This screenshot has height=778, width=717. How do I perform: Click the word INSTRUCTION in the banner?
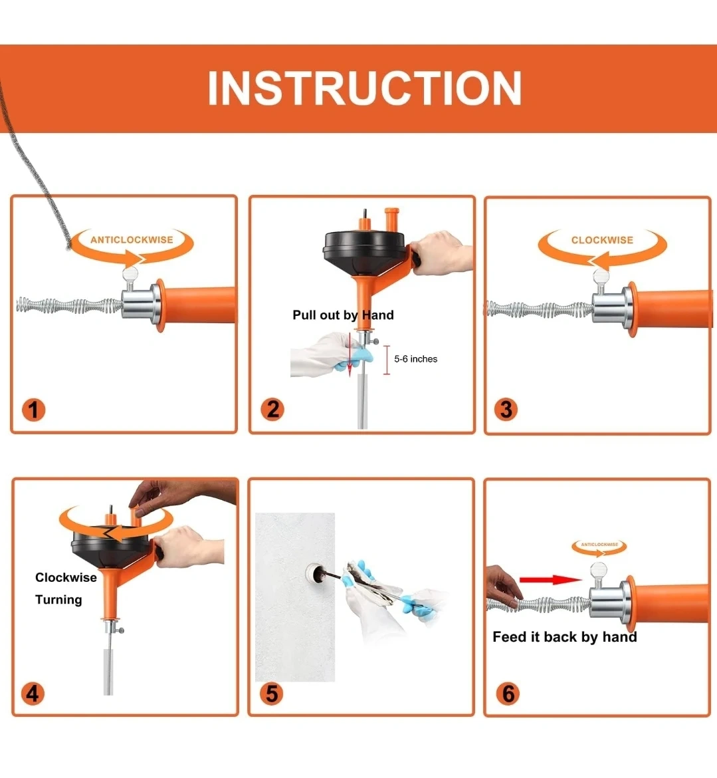(x=364, y=88)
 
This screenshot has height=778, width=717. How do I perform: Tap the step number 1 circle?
(x=33, y=410)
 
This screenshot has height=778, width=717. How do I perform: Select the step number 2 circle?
(x=272, y=410)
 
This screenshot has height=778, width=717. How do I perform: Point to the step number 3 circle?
(x=506, y=410)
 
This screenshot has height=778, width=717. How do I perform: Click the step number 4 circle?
(x=33, y=693)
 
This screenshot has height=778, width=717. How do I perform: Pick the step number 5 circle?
(x=272, y=693)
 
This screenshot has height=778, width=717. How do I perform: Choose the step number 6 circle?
(x=508, y=693)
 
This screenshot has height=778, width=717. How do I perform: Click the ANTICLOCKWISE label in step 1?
(x=132, y=239)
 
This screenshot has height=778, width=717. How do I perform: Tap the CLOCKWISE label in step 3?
(x=602, y=240)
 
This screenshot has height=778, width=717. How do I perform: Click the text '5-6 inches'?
(x=415, y=358)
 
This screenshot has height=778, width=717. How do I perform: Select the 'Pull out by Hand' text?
(x=343, y=315)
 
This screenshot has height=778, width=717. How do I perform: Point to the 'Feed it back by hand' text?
(x=565, y=636)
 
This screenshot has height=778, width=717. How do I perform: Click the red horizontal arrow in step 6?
(x=550, y=580)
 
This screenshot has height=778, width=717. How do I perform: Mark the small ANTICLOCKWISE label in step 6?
(x=599, y=545)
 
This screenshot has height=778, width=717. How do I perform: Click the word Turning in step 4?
(x=58, y=600)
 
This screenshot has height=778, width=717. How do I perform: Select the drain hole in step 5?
(x=314, y=574)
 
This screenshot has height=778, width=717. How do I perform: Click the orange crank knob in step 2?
(x=391, y=219)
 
